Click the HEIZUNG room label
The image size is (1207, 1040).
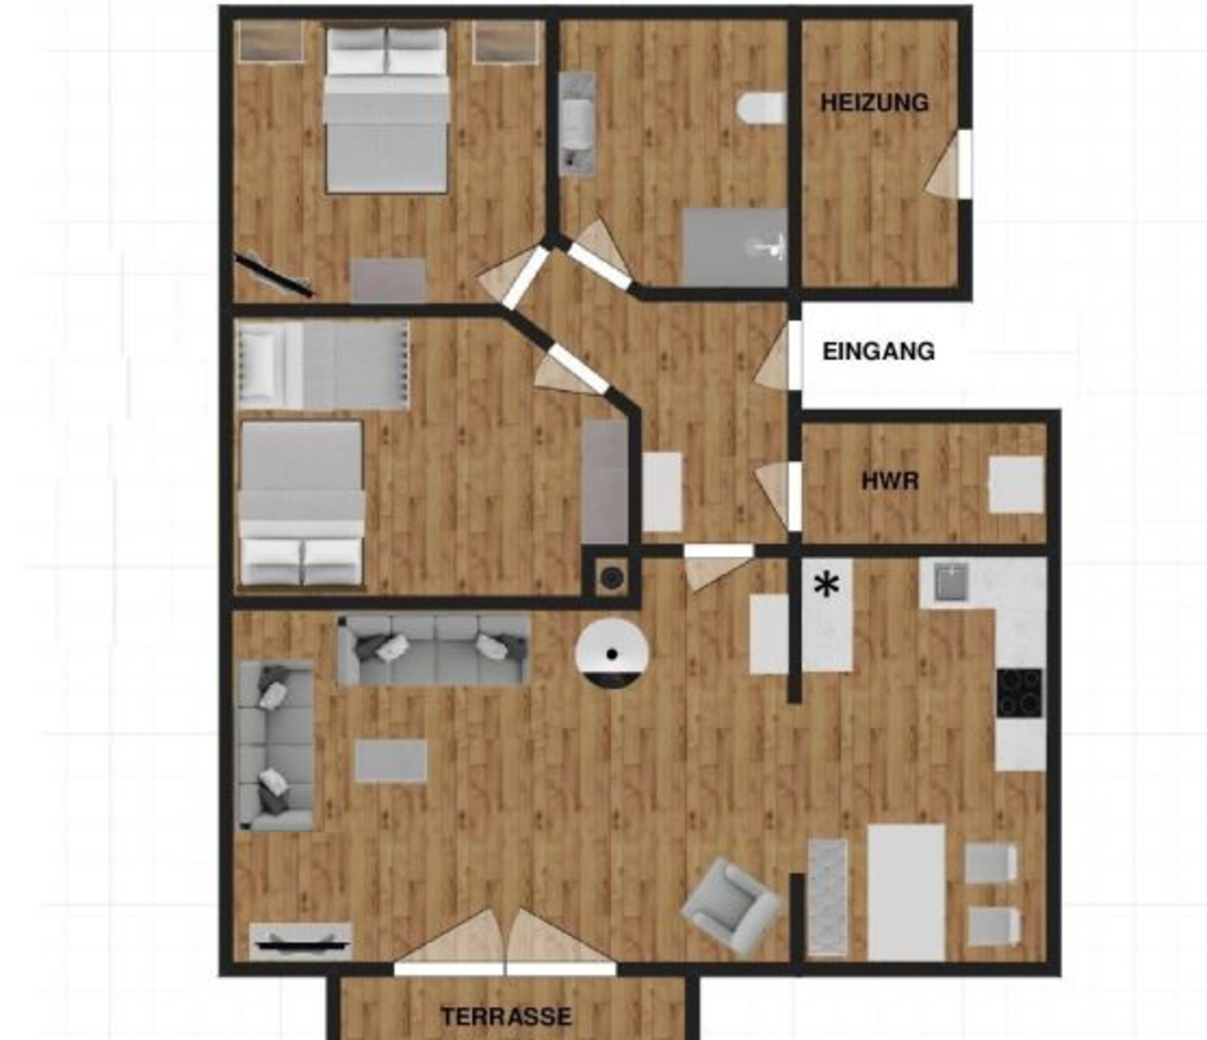click(x=874, y=103)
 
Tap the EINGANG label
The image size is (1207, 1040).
click(x=878, y=351)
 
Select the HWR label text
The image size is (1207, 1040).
click(x=890, y=481)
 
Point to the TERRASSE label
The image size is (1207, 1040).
click(x=506, y=1016)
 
